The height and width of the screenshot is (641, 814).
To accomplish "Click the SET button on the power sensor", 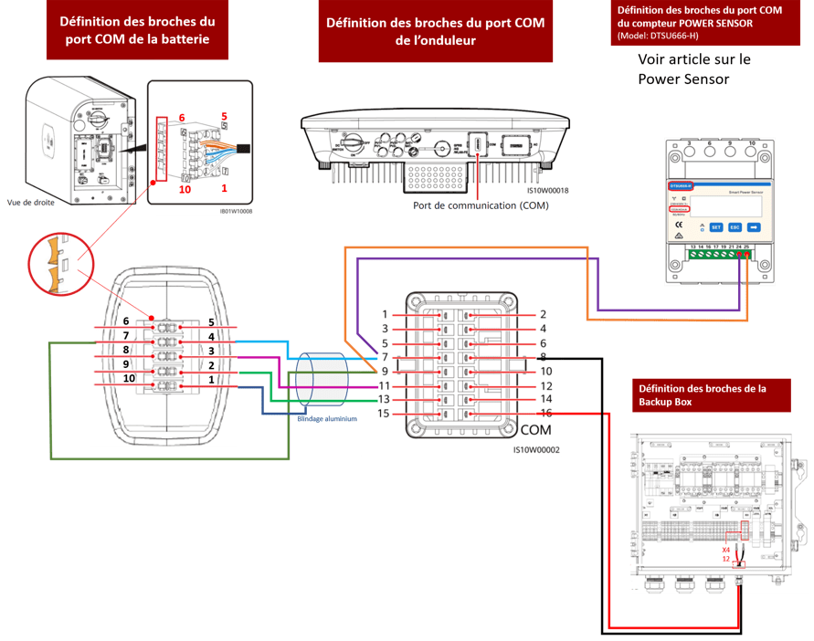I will [x=716, y=226].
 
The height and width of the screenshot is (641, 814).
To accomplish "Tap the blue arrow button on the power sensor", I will [x=755, y=226].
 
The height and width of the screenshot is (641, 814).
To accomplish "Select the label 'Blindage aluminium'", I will [x=327, y=419].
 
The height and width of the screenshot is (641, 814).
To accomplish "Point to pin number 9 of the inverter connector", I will [x=385, y=372].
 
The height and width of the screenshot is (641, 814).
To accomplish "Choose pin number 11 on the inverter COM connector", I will [x=385, y=386].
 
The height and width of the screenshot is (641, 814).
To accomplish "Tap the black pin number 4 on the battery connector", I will [x=210, y=336].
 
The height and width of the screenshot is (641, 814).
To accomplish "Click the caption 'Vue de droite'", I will [x=30, y=203].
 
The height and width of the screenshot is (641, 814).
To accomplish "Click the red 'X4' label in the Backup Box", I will [x=725, y=550].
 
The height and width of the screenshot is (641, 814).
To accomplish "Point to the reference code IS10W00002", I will [x=536, y=449].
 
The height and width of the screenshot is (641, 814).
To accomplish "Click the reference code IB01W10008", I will [x=235, y=211].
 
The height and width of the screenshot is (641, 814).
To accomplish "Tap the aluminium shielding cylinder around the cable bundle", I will [x=320, y=381].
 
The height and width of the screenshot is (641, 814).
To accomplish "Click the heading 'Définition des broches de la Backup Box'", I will [x=701, y=394].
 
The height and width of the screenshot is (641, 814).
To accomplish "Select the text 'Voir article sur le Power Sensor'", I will [x=694, y=68].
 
